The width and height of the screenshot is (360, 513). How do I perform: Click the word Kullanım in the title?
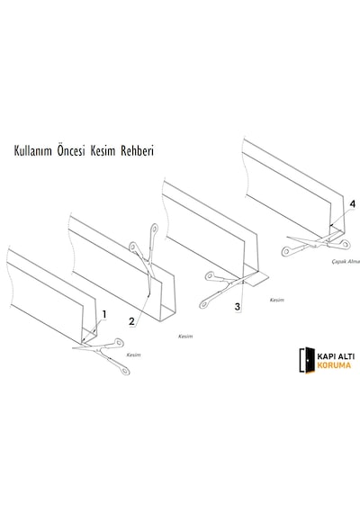pyautogui.click(x=32, y=151)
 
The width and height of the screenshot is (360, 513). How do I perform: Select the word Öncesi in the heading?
pyautogui.click(x=71, y=151)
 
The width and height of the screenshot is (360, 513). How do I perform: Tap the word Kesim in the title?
pyautogui.click(x=103, y=151)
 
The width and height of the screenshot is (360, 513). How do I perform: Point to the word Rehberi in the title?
pyautogui.click(x=137, y=151)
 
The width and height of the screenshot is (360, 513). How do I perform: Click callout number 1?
pyautogui.click(x=104, y=315)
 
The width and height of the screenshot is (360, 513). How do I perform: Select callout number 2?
pyautogui.click(x=131, y=321)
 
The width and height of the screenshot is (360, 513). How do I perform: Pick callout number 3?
pyautogui.click(x=238, y=307)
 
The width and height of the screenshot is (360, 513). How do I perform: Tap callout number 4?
pyautogui.click(x=353, y=204)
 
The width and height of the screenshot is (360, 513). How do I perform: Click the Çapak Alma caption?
pyautogui.click(x=346, y=262)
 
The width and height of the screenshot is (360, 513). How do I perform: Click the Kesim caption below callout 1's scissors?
pyautogui.click(x=133, y=355)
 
